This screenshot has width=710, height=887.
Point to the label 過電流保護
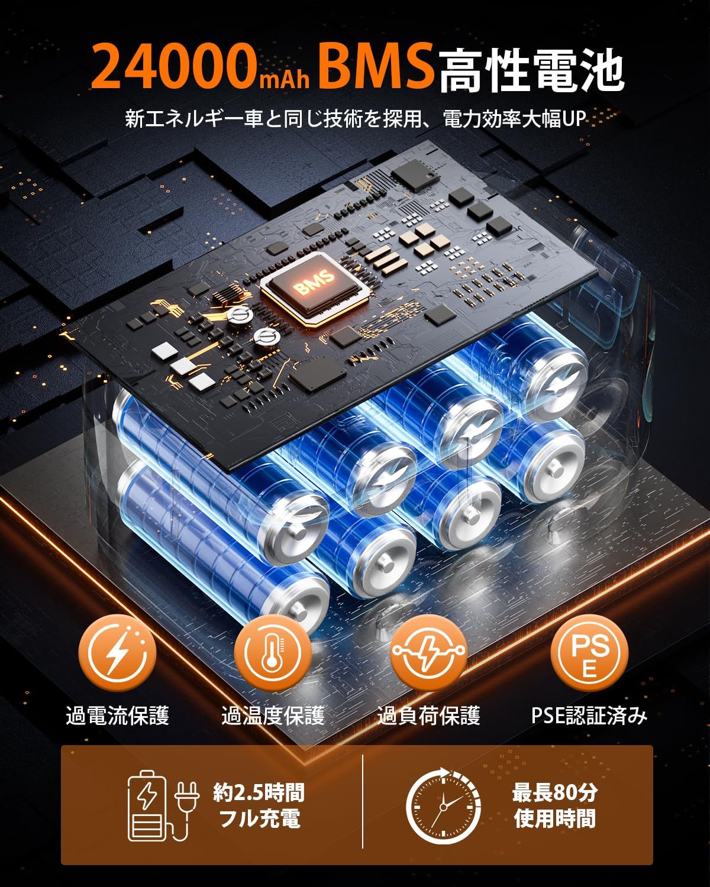(x=118, y=716)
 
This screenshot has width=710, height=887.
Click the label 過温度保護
(x=273, y=716)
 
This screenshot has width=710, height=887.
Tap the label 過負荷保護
(x=428, y=716)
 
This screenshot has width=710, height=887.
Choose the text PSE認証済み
(x=589, y=716)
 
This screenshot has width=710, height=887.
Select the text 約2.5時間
(x=259, y=792)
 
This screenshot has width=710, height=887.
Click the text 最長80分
(x=554, y=792)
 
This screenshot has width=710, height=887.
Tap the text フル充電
(x=259, y=820)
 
